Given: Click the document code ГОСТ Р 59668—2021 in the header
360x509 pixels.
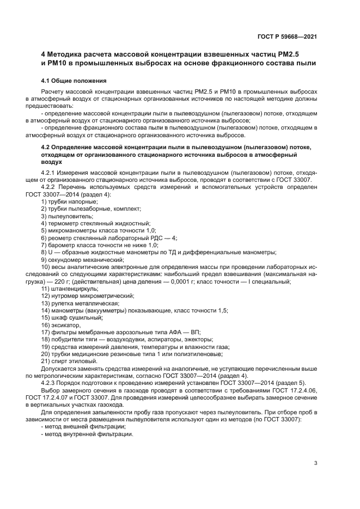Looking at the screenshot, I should pyautogui.click(x=286, y=36).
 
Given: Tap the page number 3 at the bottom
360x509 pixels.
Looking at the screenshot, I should pyautogui.click(x=315, y=463).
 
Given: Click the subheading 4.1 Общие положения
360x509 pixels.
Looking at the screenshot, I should pyautogui.click(x=74, y=81).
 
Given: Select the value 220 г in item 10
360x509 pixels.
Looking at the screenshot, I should pyautogui.click(x=61, y=281).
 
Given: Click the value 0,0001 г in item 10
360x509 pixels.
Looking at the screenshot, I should pyautogui.click(x=179, y=281).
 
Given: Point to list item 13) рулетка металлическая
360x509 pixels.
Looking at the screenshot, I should pyautogui.click(x=80, y=303).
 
